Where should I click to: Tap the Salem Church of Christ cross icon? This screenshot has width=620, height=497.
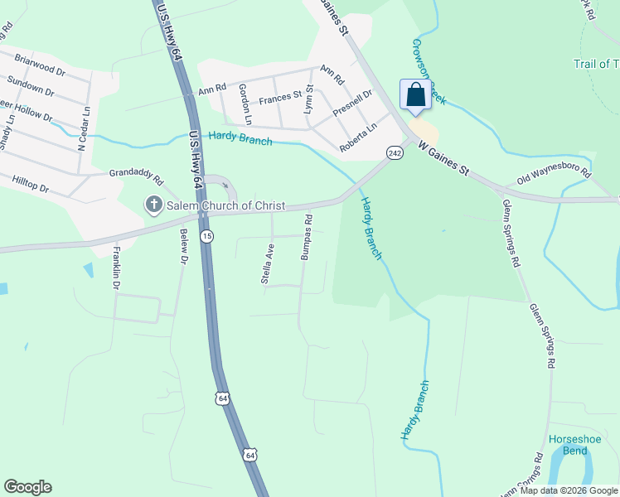point(153,205)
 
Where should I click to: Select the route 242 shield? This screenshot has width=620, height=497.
point(395,153)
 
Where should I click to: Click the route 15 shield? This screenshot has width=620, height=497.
point(206,236)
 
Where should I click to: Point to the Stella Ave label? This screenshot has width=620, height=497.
point(268,264)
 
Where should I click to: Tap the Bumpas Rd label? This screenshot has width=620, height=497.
point(307,239)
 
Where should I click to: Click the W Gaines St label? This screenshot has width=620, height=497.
point(443,160)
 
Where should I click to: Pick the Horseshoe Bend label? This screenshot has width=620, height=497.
point(569,445)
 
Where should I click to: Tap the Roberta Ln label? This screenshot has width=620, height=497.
point(358,138)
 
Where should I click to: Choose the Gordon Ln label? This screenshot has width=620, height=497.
point(245,100)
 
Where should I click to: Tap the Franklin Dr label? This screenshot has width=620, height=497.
point(117,268)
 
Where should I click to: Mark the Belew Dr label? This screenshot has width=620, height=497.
point(183,247)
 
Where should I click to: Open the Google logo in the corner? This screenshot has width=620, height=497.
point(27,487)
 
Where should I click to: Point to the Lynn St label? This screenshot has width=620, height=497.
point(308,99)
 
